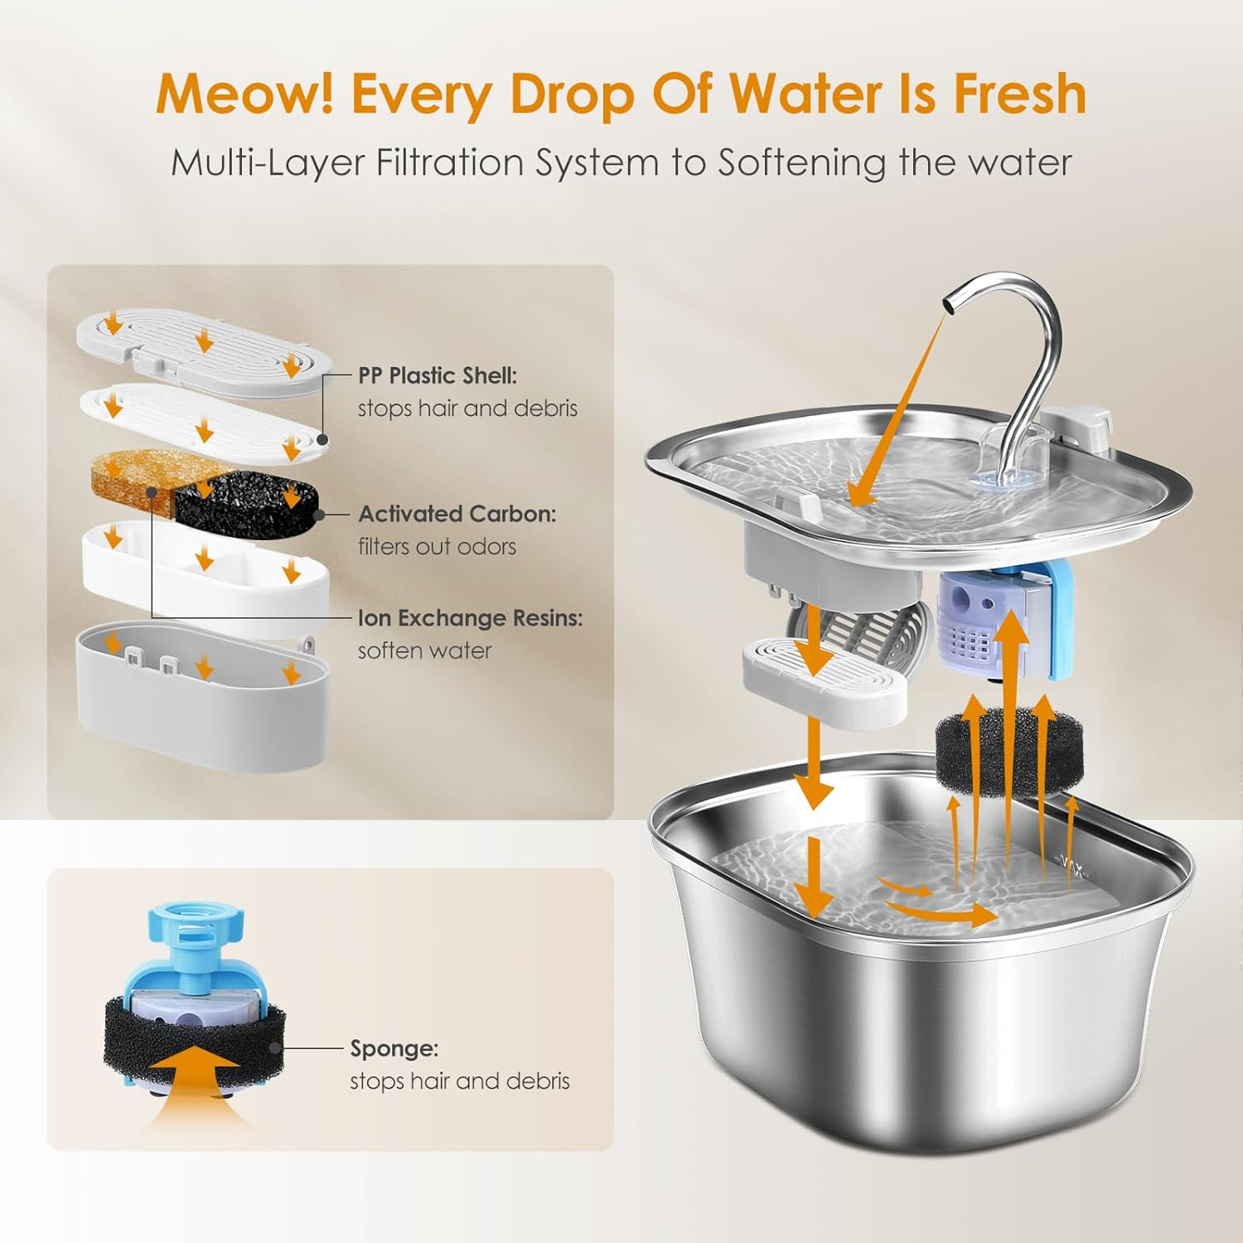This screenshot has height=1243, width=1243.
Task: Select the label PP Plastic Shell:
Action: (x=437, y=375)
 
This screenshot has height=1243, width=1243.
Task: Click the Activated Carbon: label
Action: (x=457, y=514)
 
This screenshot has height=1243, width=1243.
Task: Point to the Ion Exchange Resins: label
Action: (x=470, y=618)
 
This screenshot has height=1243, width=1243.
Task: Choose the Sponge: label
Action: (x=394, y=1048)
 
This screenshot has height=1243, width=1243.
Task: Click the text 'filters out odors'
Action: (x=437, y=547)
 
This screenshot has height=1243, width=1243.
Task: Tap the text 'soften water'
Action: (x=424, y=651)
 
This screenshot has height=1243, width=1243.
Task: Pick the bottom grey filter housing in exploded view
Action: (x=202, y=696)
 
